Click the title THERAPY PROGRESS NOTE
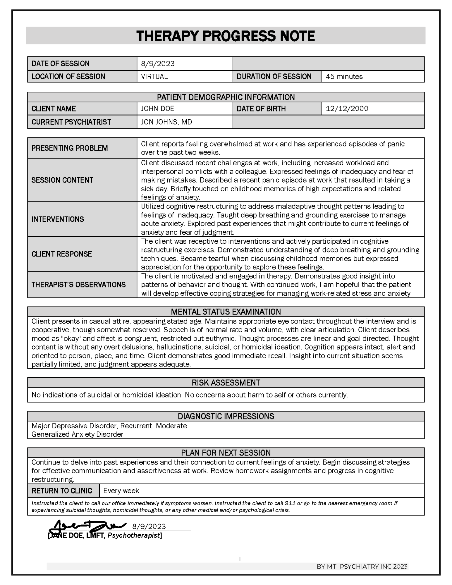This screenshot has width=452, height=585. [226, 36]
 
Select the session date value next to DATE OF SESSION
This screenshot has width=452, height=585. [158, 64]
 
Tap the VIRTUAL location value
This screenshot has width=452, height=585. [154, 77]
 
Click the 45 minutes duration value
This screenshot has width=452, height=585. [344, 77]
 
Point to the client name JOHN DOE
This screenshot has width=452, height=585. [157, 109]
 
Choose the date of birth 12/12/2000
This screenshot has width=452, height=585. [347, 109]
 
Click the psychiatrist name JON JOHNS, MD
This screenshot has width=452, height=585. [166, 122]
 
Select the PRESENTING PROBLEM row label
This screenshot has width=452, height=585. [70, 148]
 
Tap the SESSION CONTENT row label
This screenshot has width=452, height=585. [62, 180]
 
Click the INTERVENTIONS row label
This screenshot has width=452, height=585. [58, 219]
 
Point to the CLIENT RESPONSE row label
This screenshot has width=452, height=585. [62, 254]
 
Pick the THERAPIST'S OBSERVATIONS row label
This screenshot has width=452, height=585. [78, 285]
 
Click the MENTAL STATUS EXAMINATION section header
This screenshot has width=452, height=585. [226, 312]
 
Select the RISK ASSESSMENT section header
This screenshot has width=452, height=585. [226, 383]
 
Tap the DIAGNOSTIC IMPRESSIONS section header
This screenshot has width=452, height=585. [226, 416]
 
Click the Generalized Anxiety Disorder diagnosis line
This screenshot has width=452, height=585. [77, 434]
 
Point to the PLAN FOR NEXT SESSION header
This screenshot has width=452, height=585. [226, 453]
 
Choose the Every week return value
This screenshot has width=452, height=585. [121, 491]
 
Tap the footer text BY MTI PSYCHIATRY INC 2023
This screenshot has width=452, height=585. [362, 567]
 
